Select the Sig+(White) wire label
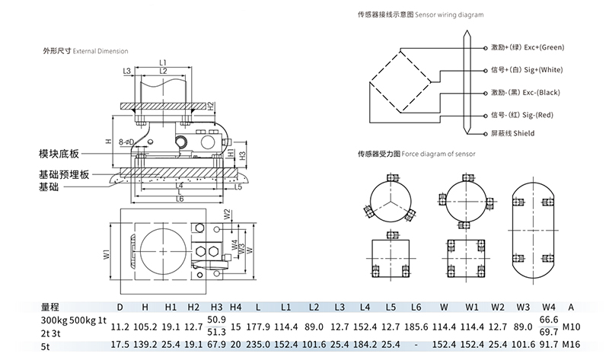pos(527,70)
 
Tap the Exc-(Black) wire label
pos(526,93)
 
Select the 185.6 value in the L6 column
pos(416,327)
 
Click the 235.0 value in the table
pos(260,344)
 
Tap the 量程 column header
pos(50,308)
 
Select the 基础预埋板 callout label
pos(64,174)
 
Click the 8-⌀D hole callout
pos(126,142)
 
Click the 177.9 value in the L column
pos(260,327)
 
